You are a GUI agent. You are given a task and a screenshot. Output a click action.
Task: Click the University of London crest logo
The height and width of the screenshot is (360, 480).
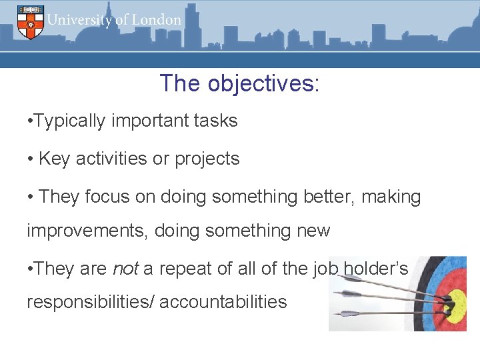tap(30, 21)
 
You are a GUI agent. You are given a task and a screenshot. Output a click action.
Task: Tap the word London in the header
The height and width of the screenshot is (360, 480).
tap(156, 19)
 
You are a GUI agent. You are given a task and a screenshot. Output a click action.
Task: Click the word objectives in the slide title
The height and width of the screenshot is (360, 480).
tap(263, 83)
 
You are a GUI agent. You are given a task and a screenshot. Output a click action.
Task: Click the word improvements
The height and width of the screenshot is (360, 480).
tap(88, 231)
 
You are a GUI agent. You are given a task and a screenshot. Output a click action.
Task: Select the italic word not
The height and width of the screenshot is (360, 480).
tap(125, 269)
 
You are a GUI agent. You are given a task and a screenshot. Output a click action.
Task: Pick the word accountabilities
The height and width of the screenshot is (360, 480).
tap(223, 302)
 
